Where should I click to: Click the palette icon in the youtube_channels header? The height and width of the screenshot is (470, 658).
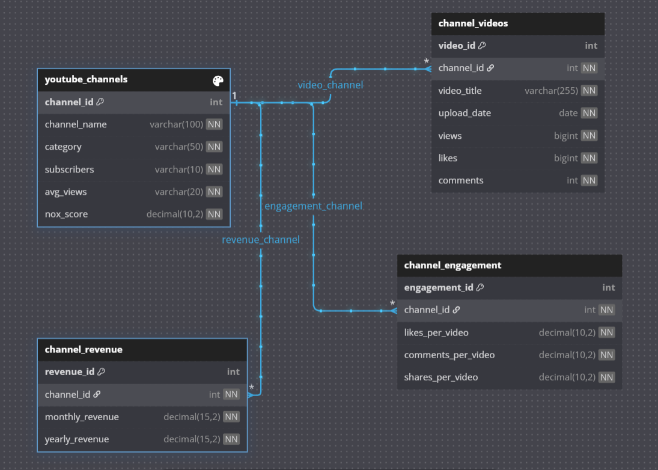coord(218,81)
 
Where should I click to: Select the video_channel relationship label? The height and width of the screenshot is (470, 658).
coord(331,85)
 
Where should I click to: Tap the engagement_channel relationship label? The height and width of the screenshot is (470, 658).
coord(313,206)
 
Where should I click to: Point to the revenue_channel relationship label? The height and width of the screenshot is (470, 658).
coord(261,240)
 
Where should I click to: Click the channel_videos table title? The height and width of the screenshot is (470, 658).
coord(473,23)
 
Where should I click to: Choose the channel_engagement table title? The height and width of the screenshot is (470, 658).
coord(452,265)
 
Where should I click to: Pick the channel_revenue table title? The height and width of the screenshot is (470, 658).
coord(84,350)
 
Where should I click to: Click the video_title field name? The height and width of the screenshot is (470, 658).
coord(460,91)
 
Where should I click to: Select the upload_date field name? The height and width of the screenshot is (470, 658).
coord(465,114)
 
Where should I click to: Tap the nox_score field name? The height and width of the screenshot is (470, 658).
coord(66,214)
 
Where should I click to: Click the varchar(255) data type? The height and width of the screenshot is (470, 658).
coord(551,91)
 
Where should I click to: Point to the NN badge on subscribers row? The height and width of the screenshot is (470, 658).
coord(214,169)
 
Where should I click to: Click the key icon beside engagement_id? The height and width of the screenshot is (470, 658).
coord(480,287)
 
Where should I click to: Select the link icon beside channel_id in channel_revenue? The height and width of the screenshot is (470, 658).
coord(97,394)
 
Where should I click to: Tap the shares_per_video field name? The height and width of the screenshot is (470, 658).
coord(440,377)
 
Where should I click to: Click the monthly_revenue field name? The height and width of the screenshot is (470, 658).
coord(82,417)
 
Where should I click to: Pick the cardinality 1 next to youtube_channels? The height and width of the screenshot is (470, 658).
coord(234,96)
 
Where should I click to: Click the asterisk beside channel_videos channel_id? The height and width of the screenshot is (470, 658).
coord(427,62)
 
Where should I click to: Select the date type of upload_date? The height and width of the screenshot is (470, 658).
coord(568,113)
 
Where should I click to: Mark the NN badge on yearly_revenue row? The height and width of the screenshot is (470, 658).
coord(231,439)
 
